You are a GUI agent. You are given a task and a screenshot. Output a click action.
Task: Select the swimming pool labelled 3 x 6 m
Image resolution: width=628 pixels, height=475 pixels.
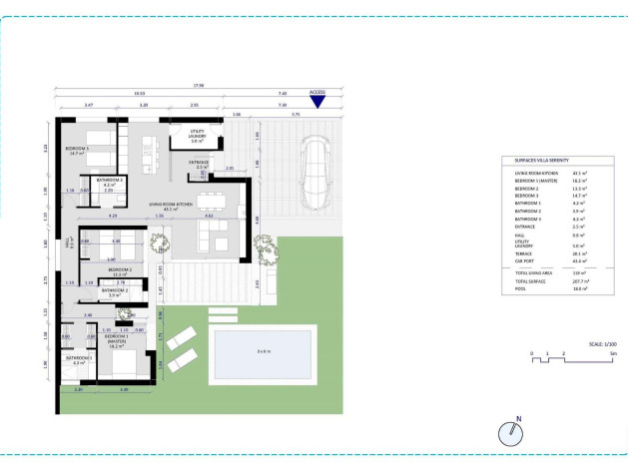264,351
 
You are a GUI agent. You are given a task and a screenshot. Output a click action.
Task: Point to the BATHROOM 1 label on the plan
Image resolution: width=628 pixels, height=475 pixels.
79,359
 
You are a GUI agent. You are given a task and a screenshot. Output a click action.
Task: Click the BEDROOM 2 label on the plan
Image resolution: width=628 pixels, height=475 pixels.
121,269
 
